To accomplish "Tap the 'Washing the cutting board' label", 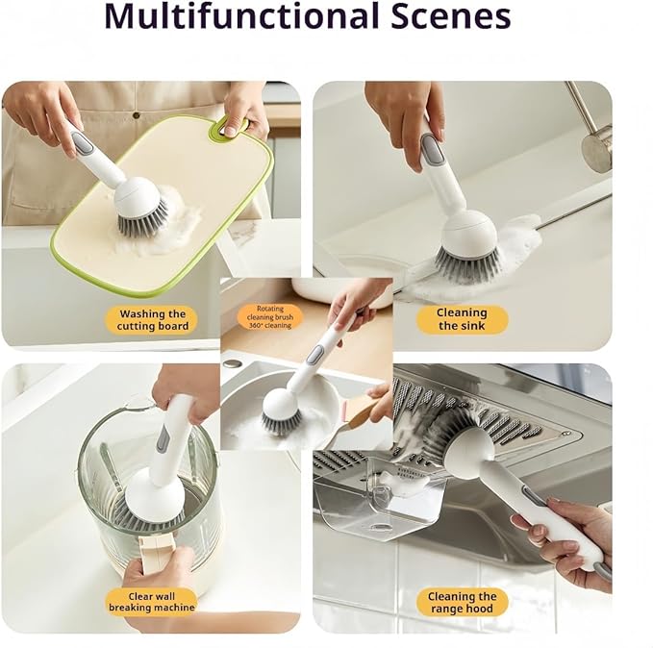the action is [x=152, y=320].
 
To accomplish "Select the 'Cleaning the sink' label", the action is [x=462, y=319].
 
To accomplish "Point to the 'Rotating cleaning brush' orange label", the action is [x=270, y=317].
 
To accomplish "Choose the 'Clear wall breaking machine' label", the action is [x=152, y=602].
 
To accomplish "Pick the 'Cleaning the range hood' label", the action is [x=462, y=602].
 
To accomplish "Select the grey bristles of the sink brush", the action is [x=467, y=262].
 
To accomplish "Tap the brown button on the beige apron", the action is [x=136, y=115].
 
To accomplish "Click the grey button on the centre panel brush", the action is [x=314, y=355].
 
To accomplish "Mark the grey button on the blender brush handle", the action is [x=162, y=441].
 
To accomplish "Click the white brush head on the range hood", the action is [x=467, y=447].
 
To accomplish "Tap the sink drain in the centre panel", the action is [x=232, y=363].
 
